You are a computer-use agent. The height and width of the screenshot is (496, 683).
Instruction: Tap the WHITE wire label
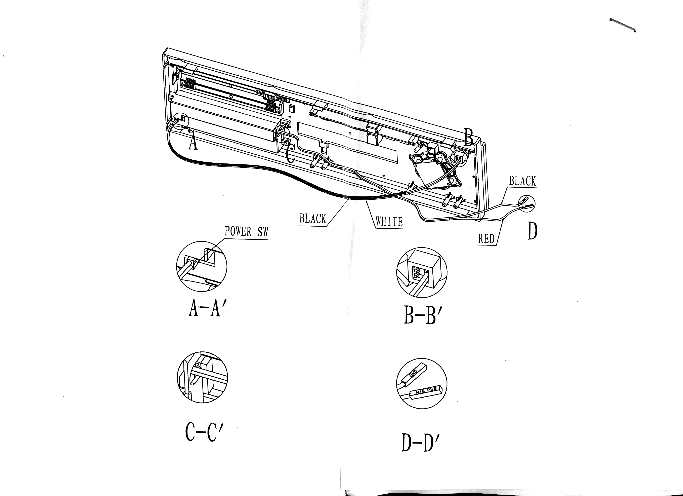(x=389, y=222)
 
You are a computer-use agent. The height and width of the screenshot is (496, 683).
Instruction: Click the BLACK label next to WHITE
(x=313, y=219)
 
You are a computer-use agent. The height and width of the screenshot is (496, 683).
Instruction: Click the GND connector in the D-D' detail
(x=415, y=375)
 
